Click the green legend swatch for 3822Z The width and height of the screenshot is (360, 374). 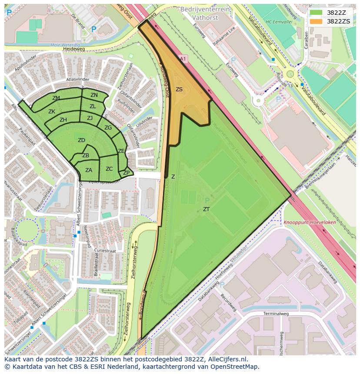[316, 13]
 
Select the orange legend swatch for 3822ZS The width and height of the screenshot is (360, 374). [316, 21]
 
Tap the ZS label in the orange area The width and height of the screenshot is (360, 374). [179, 89]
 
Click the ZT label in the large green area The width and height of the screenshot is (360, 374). [206, 209]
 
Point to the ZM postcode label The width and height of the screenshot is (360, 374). [56, 98]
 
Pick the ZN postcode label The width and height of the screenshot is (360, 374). [94, 95]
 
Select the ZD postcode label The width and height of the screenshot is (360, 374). [81, 140]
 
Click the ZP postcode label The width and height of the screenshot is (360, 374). [126, 173]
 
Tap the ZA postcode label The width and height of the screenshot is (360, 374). [89, 170]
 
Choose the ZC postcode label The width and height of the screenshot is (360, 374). [109, 169]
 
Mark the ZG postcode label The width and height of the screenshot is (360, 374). [108, 128]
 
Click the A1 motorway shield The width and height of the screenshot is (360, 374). [182, 58]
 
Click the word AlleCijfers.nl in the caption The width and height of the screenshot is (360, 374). [226, 359]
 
